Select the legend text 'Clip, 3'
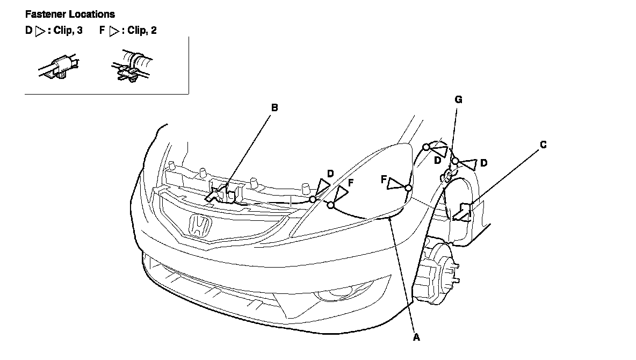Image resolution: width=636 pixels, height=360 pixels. [x=68, y=31]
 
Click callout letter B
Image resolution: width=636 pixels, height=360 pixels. [x=274, y=107]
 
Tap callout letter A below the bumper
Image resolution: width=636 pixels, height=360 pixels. [x=416, y=337]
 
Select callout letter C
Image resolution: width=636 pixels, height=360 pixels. [x=544, y=144]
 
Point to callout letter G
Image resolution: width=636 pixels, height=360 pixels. [x=458, y=99]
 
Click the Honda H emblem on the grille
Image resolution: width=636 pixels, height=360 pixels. [x=199, y=225]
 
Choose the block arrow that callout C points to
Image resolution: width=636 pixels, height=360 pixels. [x=462, y=212]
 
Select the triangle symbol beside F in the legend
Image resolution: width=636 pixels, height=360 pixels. [x=113, y=31]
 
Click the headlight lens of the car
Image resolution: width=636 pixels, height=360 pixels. [x=371, y=183]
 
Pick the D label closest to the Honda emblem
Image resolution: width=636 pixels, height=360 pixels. [x=330, y=174]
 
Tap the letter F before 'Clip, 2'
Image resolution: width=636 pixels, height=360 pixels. [x=102, y=31]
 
